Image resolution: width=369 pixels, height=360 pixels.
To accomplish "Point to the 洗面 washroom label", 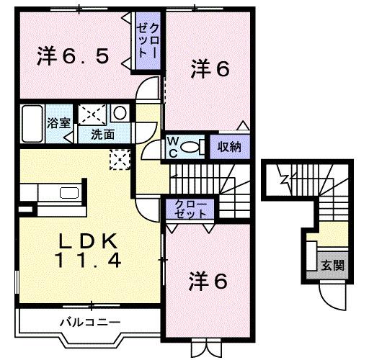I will [102, 134].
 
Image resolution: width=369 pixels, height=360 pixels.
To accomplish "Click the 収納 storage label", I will [230, 146].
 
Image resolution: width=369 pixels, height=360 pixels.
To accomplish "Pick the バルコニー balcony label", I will [90, 321].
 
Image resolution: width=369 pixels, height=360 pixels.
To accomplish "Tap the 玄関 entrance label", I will [332, 265].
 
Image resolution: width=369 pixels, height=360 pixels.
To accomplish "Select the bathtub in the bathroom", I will [33, 123].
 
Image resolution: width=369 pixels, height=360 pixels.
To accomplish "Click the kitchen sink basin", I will [69, 193].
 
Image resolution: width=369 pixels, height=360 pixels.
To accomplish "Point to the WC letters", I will [174, 146].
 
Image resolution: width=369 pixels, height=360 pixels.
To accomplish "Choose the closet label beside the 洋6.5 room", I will [150, 42].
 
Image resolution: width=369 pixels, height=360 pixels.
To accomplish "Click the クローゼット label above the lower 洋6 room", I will [190, 211].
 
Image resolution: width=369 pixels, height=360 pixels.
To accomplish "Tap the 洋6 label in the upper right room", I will [210, 69].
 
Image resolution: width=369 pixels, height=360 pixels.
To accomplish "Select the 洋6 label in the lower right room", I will [209, 279].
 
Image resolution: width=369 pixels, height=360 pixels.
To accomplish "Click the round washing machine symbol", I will [120, 113].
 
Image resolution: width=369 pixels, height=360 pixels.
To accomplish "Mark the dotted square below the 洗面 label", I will [118, 158].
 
